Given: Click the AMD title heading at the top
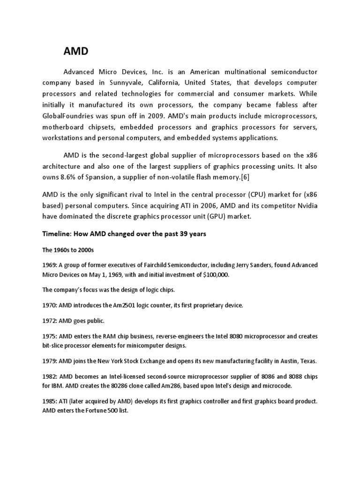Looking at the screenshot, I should pyautogui.click(x=75, y=51).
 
